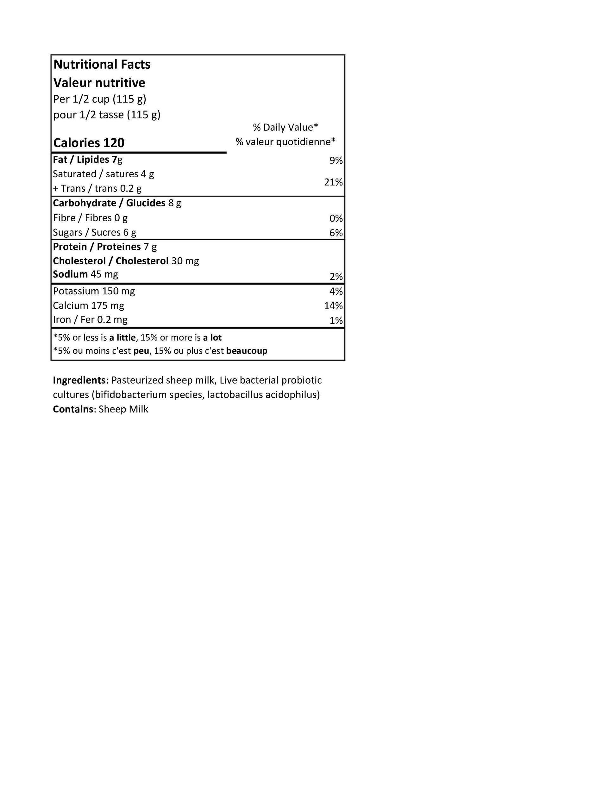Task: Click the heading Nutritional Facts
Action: point(102,65)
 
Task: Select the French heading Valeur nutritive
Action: point(99,83)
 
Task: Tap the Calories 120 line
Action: point(89,143)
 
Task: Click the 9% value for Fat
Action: point(336,160)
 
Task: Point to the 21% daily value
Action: point(333,182)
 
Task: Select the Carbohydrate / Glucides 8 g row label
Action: point(117,203)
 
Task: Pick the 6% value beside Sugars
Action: point(336,233)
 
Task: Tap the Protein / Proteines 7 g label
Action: point(105,247)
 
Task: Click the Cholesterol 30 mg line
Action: point(126,261)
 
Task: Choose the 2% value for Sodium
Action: point(336,277)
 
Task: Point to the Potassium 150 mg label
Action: point(94,291)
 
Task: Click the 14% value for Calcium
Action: point(333,306)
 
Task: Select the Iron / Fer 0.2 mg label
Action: point(90,320)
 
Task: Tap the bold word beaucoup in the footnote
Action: point(247,351)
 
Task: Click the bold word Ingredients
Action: point(79,380)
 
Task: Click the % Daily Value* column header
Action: point(286,127)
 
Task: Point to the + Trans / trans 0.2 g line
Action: point(97,188)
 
